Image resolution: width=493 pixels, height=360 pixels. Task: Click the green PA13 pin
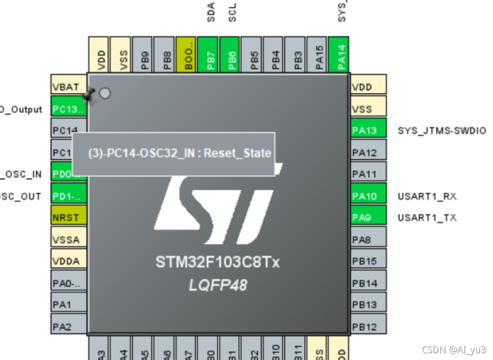[368, 130]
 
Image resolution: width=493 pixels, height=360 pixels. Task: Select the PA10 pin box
[368, 196]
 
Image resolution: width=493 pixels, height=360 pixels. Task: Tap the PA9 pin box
[368, 217]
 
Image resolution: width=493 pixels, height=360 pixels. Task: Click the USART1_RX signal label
[427, 196]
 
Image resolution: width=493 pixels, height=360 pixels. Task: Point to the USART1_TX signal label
[427, 218]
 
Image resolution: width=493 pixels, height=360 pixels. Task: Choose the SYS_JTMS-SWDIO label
[442, 131]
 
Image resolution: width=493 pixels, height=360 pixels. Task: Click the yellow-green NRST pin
[69, 218]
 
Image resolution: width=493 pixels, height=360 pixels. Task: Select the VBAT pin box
[69, 87]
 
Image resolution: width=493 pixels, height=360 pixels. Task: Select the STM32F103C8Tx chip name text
[217, 262]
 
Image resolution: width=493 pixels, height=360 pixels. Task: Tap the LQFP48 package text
[217, 285]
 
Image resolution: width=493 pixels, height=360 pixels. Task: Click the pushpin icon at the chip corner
[88, 96]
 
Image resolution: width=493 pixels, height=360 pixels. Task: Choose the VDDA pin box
[69, 261]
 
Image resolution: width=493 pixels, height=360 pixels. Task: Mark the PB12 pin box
[368, 327]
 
